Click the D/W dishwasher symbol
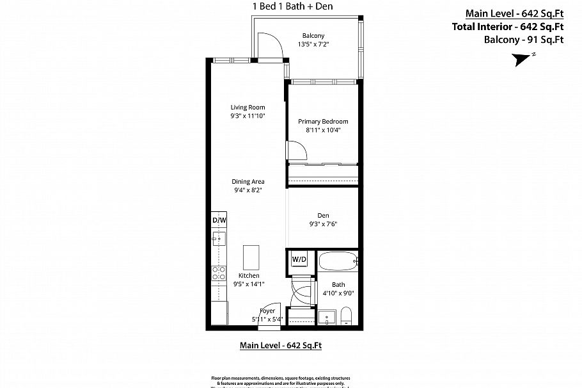coord(219,220)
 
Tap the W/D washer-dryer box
coord(299,260)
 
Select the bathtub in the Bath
coord(338,262)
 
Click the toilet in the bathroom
coord(346,316)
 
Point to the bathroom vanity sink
coord(327,318)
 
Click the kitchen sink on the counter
coord(218,240)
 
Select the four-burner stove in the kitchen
coord(218,273)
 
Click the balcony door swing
coord(268,46)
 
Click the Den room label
coord(323,216)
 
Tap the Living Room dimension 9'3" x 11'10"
coord(248,116)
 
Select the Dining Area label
coord(248,182)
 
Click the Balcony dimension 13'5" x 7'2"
coord(313,44)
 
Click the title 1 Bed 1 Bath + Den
coord(293,6)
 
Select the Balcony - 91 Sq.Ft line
coord(523,40)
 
